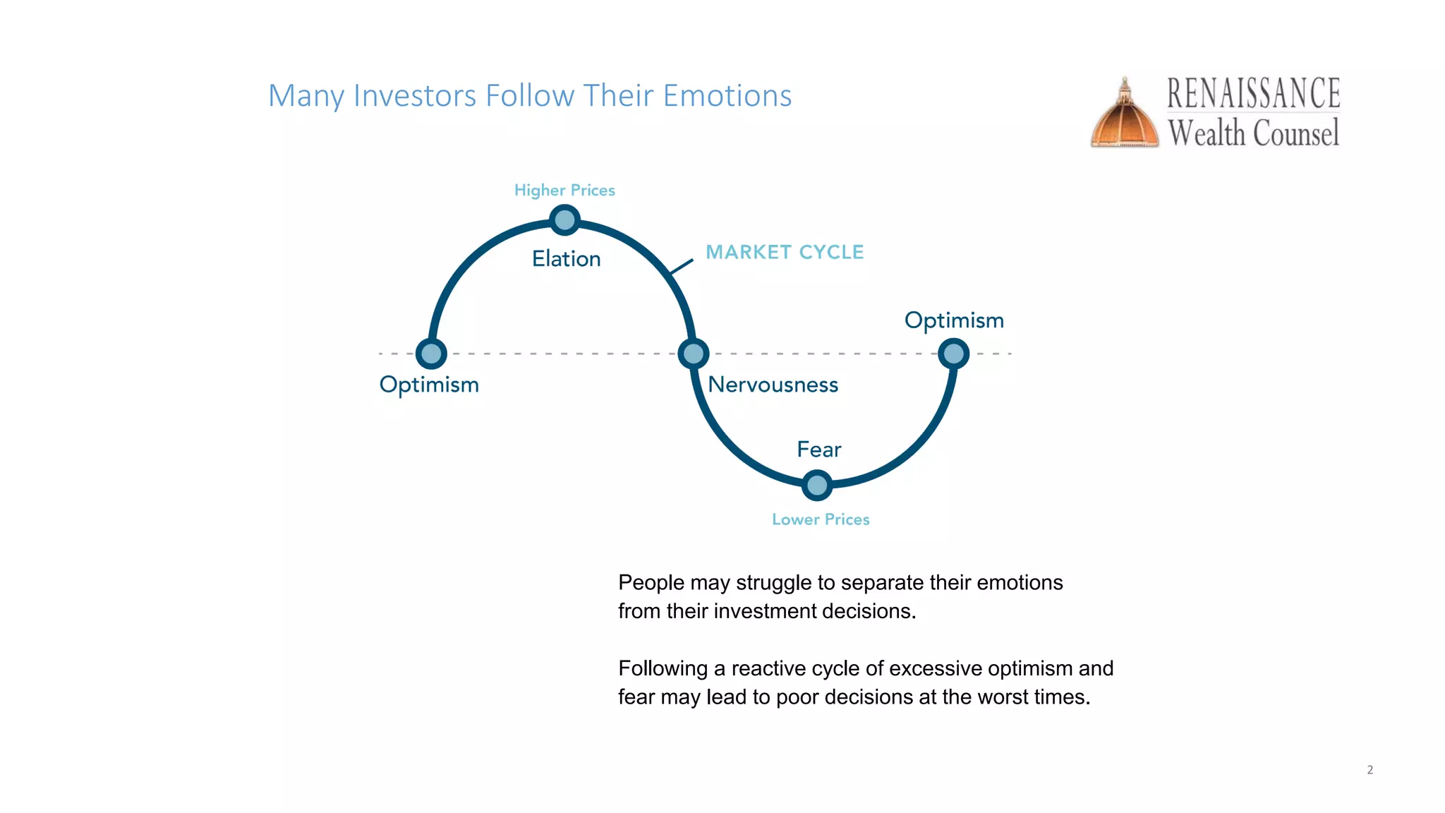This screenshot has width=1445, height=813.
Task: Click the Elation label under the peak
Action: tap(566, 258)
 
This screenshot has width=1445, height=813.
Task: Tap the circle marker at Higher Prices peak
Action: tap(564, 220)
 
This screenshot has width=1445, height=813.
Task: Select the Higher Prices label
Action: tap(564, 191)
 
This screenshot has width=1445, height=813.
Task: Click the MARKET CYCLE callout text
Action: tap(785, 252)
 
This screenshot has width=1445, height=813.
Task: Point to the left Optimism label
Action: tap(429, 385)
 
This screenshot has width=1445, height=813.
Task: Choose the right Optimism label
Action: tap(954, 320)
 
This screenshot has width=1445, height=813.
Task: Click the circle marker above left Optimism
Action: tap(431, 354)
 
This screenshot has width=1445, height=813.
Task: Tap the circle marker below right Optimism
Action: tap(953, 353)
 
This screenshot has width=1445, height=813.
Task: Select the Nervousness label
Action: tap(773, 385)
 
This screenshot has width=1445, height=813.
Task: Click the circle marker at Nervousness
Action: tap(693, 354)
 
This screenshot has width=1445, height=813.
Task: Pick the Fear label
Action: tap(818, 450)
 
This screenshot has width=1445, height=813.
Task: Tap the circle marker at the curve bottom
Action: tap(816, 486)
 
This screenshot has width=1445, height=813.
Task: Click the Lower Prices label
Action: tap(821, 519)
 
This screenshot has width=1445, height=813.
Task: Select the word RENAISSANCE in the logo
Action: tap(1253, 94)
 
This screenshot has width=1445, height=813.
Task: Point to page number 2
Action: tap(1370, 770)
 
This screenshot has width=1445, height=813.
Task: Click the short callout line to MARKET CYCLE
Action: tap(681, 266)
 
